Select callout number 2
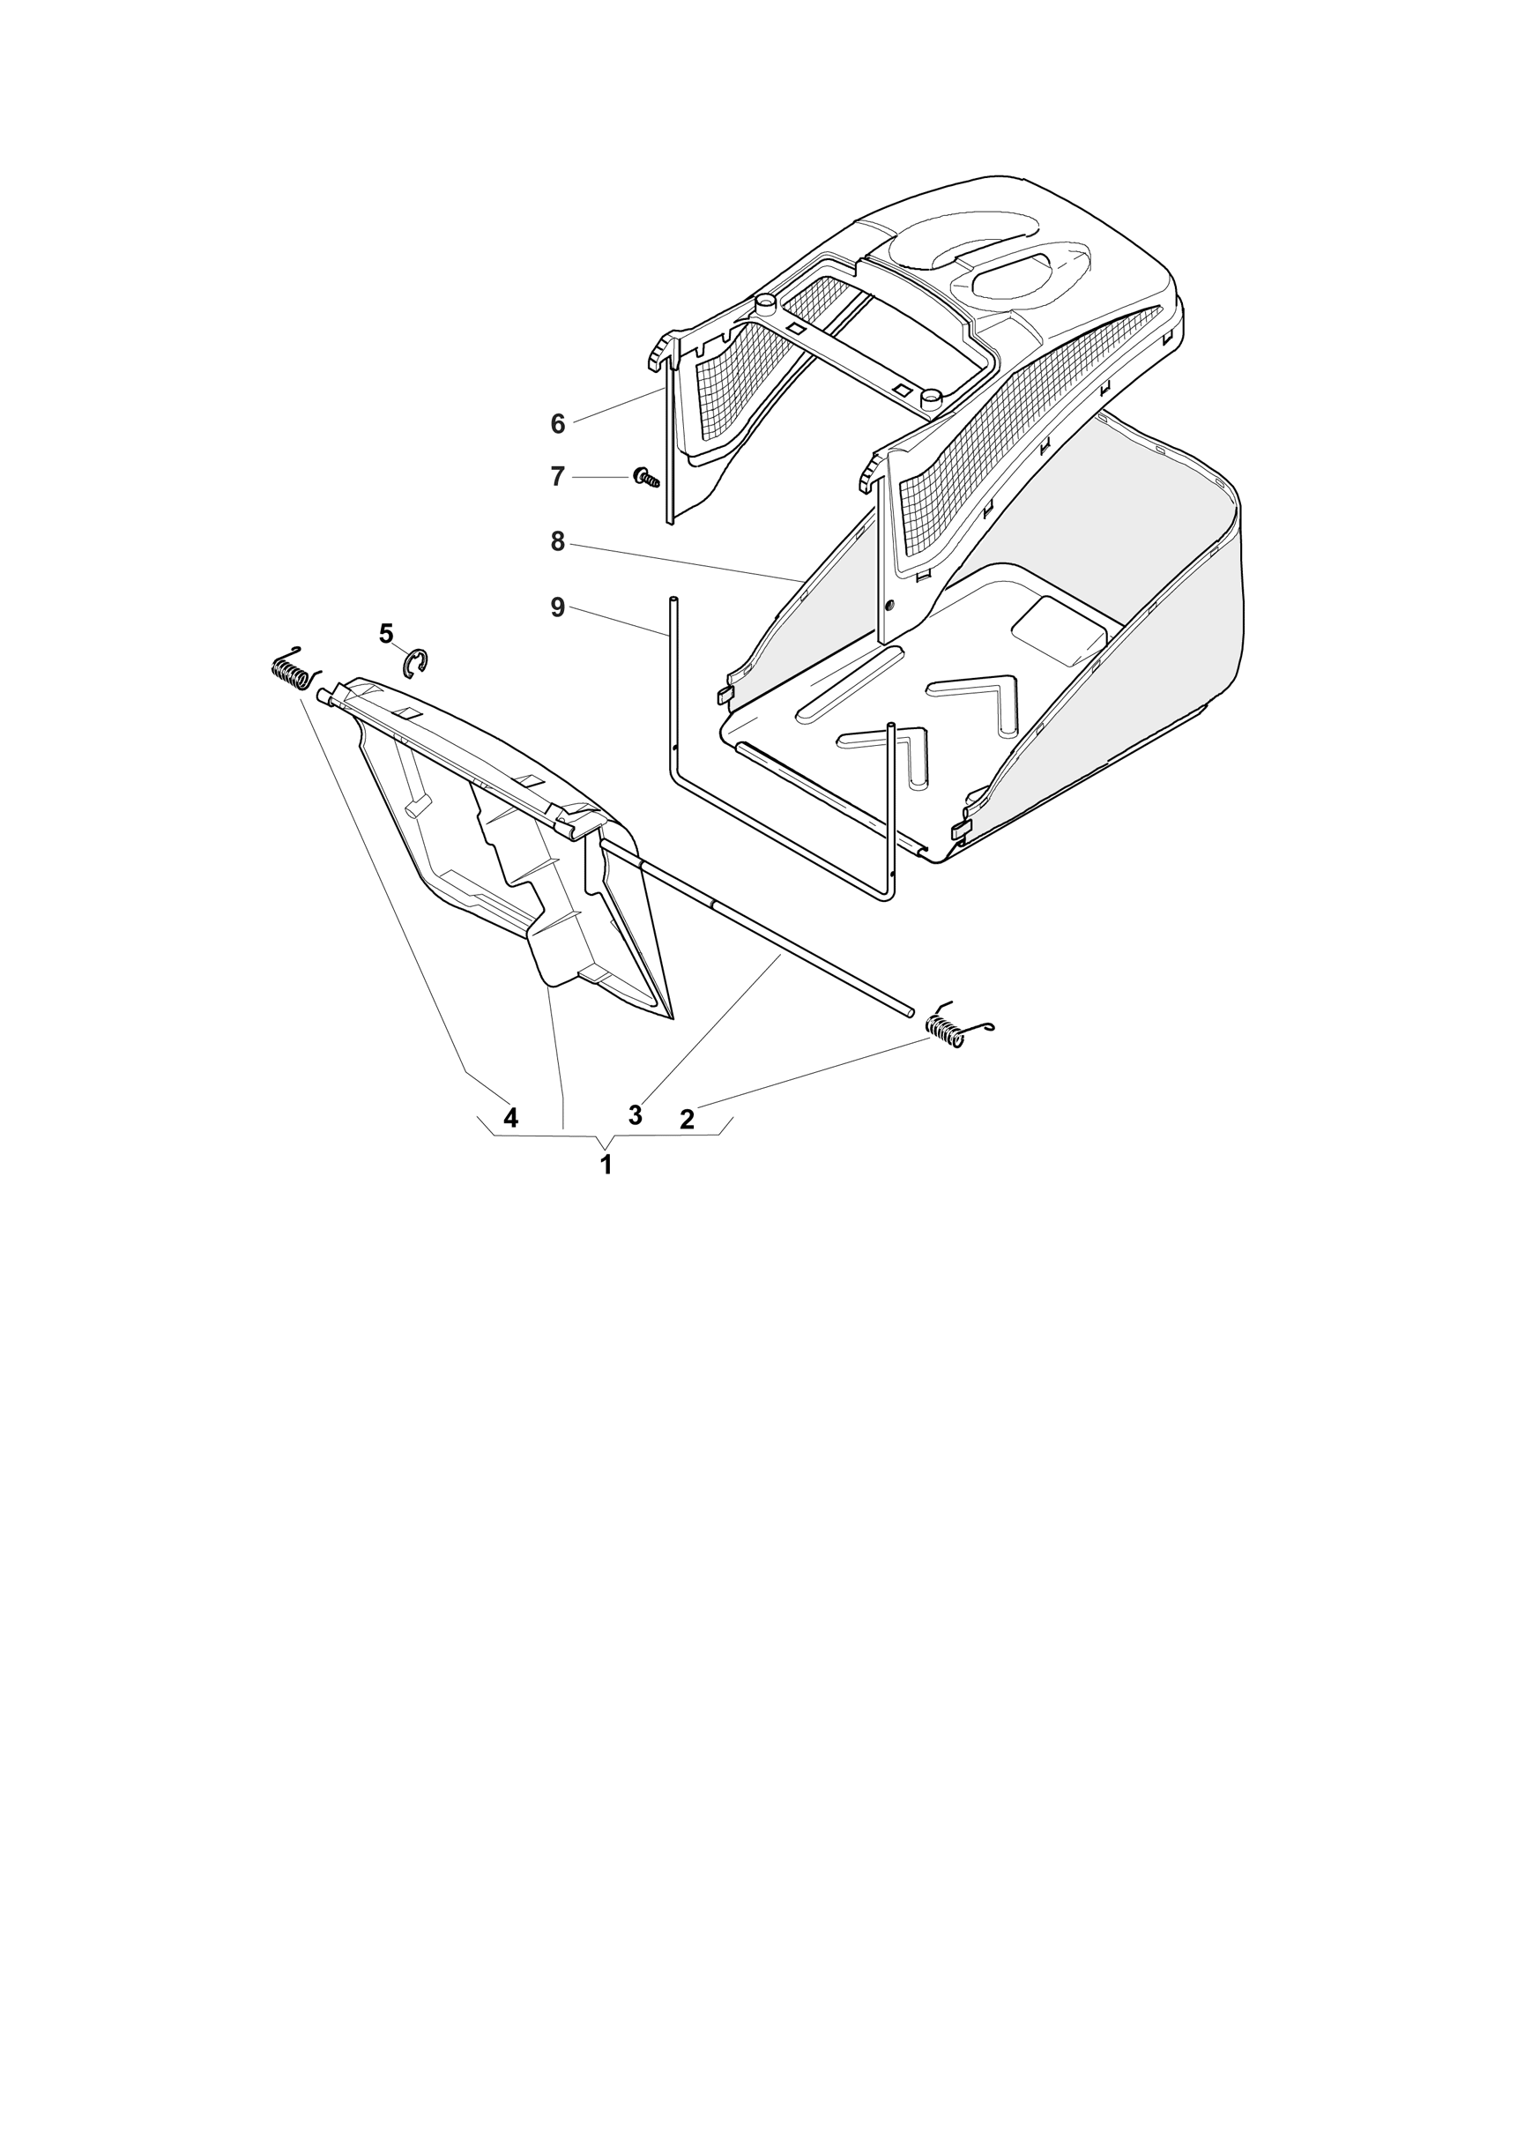pyautogui.click(x=687, y=1119)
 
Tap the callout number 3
pyautogui.click(x=636, y=1114)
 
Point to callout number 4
pyautogui.click(x=510, y=1117)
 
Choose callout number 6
pyautogui.click(x=558, y=424)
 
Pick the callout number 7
pyautogui.click(x=558, y=477)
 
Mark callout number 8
pyautogui.click(x=558, y=542)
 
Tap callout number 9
pyautogui.click(x=558, y=607)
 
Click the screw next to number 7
pyautogui.click(x=646, y=479)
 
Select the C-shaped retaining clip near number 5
pyautogui.click(x=417, y=664)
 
